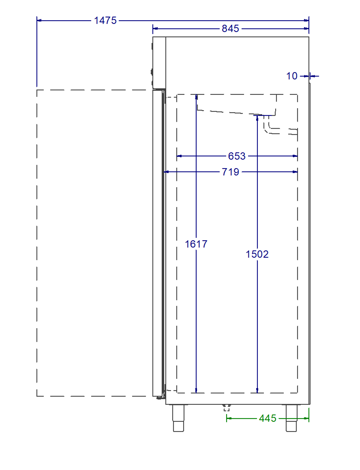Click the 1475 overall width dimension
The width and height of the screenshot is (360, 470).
point(105,20)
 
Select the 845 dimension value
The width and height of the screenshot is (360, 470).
point(230,28)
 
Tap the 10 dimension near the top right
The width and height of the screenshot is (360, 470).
point(292,76)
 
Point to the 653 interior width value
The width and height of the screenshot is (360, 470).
point(237,156)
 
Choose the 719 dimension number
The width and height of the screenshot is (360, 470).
point(230,172)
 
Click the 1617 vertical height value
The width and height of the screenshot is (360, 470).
point(196,244)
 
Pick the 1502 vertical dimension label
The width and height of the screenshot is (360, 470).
point(257,254)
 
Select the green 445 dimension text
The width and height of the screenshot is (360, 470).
point(268,418)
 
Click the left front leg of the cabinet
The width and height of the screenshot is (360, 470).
point(178,418)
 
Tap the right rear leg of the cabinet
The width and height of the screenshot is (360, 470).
point(291,418)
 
